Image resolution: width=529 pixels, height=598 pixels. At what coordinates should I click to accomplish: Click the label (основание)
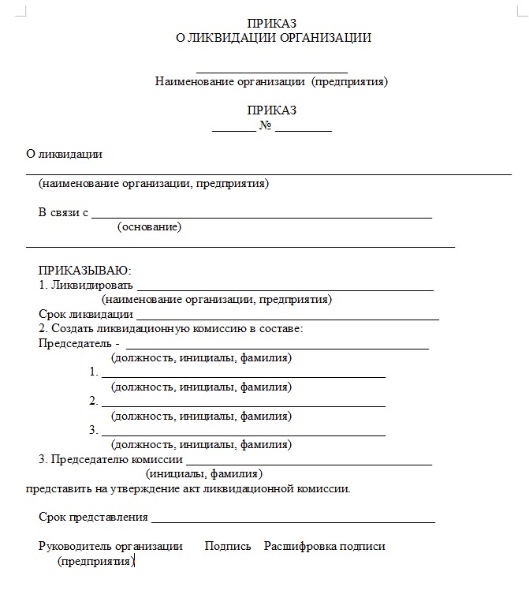(x=149, y=227)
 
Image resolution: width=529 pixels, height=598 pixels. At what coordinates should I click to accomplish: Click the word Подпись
(x=228, y=546)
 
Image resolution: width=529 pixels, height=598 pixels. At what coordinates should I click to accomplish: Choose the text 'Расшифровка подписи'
(x=324, y=546)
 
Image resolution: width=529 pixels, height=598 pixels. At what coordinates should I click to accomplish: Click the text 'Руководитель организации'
(x=110, y=546)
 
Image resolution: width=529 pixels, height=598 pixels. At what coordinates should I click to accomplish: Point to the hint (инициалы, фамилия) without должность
(x=204, y=474)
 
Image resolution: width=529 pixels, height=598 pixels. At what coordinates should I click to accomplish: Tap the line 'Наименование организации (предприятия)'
(x=271, y=81)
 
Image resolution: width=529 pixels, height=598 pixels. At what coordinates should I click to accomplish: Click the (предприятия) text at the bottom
(x=95, y=561)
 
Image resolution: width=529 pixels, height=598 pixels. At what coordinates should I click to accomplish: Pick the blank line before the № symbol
(x=233, y=129)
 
